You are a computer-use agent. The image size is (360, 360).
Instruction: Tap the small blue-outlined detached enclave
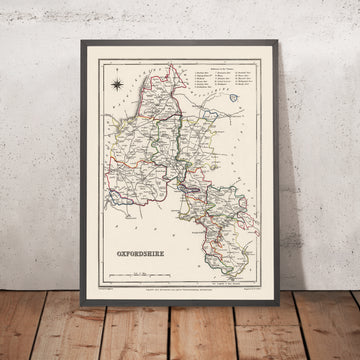237,99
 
